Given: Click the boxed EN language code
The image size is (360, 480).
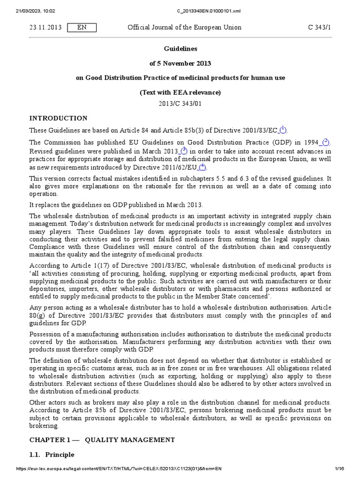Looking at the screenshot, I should [82, 28].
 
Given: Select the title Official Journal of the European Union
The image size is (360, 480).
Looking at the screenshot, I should [185, 28].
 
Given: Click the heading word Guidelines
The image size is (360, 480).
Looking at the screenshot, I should [180, 49].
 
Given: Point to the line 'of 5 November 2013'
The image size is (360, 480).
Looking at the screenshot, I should [180, 63].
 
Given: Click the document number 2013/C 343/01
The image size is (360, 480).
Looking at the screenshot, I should [180, 104].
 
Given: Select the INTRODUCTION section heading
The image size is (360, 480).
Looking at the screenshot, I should [58, 118].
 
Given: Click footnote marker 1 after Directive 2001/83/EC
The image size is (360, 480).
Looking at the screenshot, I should [283, 129].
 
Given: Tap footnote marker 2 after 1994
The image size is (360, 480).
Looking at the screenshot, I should [325, 142].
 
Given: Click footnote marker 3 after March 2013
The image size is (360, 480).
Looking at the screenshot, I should [184, 150].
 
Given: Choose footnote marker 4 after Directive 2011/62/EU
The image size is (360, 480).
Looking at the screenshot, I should [202, 167].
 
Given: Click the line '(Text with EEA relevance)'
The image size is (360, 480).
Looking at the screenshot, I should [180, 92].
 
